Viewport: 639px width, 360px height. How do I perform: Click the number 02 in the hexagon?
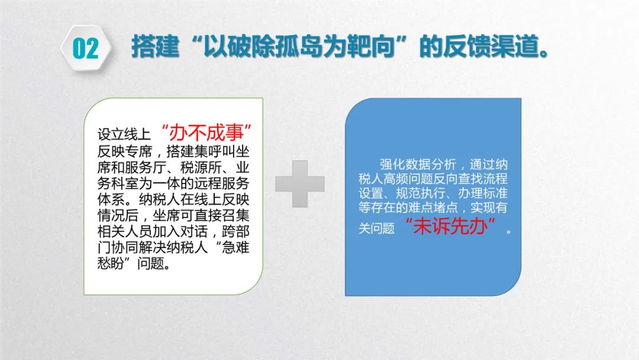point(86,49)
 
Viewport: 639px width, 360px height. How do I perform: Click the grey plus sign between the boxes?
point(300,184)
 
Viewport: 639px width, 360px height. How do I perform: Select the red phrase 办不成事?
point(206,133)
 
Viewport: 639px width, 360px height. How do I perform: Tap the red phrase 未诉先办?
point(450,226)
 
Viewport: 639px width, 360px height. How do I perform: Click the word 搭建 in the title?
point(155,46)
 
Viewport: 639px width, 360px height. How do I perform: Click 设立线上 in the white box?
point(124,134)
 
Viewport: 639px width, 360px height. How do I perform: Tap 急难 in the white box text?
point(235,247)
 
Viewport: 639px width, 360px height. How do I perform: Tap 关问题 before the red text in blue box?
point(376,229)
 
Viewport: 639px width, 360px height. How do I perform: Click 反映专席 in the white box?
point(125,152)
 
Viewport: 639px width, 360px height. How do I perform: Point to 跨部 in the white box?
point(235,232)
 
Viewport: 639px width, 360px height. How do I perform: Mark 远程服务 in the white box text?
point(221,184)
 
